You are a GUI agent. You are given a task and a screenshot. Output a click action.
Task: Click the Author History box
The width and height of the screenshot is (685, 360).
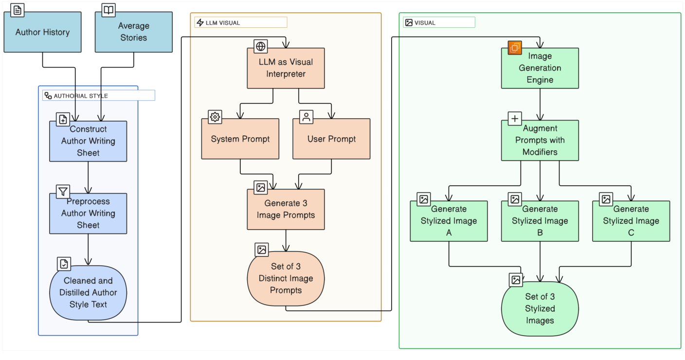[42, 32]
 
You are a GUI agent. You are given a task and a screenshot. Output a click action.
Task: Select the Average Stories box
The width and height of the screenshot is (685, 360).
[133, 32]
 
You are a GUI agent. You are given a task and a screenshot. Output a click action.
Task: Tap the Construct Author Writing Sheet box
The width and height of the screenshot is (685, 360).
[88, 141]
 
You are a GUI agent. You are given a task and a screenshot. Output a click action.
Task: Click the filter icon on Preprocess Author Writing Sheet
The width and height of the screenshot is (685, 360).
[63, 192]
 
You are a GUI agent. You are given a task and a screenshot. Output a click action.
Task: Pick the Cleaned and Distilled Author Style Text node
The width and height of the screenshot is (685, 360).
[88, 292]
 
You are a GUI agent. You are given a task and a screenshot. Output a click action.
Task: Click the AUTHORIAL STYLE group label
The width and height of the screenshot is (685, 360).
[81, 96]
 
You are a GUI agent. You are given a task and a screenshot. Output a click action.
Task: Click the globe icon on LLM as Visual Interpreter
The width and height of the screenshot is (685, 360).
[261, 46]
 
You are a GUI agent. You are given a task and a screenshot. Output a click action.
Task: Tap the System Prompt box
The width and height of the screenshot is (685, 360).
[240, 139]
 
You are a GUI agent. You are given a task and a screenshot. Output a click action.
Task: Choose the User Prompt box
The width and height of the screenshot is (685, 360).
[331, 139]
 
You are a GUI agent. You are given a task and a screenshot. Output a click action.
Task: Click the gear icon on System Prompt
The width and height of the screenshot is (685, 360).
[215, 117]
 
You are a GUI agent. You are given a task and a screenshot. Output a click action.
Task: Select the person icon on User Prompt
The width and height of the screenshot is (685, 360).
[306, 117]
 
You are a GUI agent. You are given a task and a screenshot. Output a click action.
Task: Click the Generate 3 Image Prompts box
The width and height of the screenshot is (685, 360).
[286, 209]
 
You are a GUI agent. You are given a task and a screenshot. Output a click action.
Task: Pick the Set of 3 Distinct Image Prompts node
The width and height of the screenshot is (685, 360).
[286, 278]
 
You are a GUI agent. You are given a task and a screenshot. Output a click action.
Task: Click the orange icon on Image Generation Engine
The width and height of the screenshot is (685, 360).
[515, 48]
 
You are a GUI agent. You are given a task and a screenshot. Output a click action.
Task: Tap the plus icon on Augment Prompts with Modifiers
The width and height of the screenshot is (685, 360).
[515, 118]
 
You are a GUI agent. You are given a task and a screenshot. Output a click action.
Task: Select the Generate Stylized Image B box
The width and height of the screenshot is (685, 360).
[540, 221]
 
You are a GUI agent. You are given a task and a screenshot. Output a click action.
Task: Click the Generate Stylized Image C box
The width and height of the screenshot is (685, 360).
[631, 221]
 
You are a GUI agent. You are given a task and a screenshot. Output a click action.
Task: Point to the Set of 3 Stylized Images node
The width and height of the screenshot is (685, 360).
[540, 308]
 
